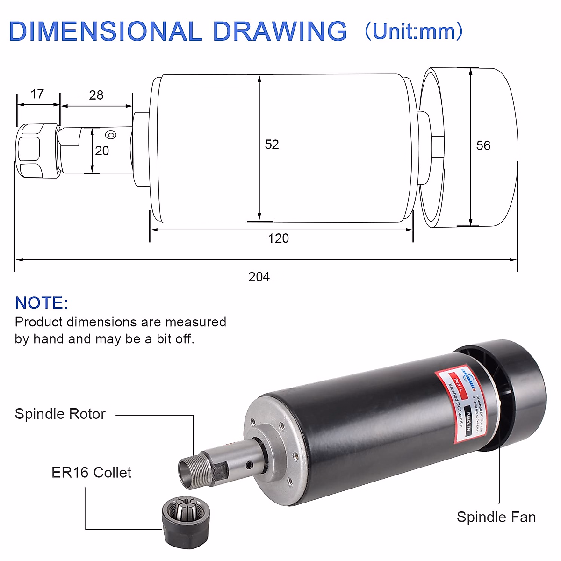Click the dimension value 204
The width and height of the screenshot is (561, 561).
(259, 277)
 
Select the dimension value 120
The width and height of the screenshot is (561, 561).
(278, 238)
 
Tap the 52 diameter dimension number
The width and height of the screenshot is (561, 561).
(272, 144)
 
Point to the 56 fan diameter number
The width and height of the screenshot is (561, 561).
(483, 145)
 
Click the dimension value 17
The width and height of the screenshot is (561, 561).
(37, 94)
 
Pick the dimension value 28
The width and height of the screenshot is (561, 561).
(96, 95)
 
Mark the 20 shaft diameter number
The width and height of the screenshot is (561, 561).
(102, 151)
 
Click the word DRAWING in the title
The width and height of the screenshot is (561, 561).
(280, 31)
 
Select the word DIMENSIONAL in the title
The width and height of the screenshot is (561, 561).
(106, 31)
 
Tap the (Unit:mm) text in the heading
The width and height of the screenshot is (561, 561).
(413, 31)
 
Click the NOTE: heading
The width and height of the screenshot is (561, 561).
(42, 303)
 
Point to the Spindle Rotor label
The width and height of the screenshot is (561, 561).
(60, 414)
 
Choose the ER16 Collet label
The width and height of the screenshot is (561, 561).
(91, 473)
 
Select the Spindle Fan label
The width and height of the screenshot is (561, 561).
(496, 517)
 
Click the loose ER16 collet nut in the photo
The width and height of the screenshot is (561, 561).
(186, 519)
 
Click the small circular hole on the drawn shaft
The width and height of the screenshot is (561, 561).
(111, 135)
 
